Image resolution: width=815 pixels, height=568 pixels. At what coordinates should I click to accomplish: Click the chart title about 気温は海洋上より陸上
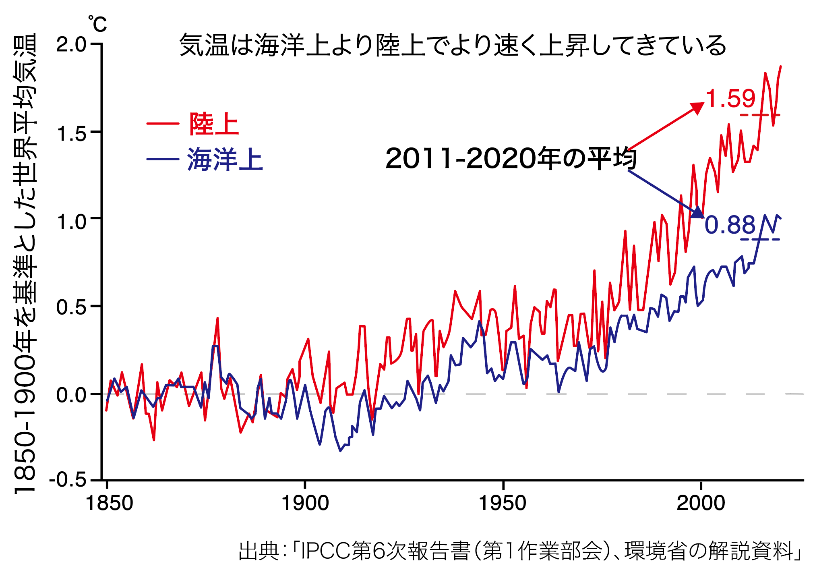453,45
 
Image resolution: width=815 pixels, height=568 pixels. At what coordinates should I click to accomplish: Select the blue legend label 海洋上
225,160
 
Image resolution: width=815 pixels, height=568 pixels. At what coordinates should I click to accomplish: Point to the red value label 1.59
731,99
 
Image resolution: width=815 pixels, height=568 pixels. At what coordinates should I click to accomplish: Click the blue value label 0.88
730,225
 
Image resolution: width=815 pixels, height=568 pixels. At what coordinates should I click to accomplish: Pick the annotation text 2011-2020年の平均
511,159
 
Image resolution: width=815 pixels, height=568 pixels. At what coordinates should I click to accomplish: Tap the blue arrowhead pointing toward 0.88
697,212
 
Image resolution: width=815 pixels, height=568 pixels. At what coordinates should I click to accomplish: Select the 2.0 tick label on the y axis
71,45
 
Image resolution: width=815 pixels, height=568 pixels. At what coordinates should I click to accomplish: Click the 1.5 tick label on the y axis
71,133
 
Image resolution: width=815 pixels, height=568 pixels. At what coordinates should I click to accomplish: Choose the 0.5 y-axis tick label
71,307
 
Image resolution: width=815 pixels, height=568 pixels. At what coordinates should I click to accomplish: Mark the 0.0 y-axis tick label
71,395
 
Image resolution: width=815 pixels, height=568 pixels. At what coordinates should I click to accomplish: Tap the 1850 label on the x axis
109,504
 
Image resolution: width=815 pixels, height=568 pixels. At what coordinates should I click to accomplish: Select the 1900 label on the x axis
305,504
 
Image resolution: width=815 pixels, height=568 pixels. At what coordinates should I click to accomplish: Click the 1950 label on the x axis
503,504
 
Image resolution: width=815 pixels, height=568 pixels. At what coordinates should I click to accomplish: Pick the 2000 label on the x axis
701,504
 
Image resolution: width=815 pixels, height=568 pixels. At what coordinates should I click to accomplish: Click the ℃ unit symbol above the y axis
97,24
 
